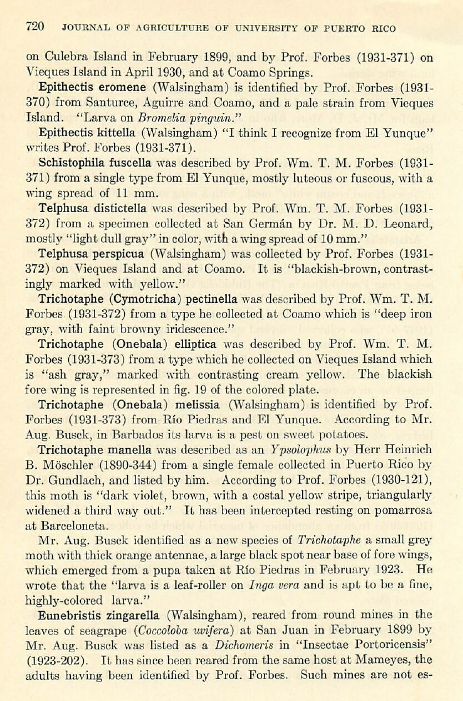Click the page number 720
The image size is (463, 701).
point(35,26)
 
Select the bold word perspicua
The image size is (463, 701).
point(119,254)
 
